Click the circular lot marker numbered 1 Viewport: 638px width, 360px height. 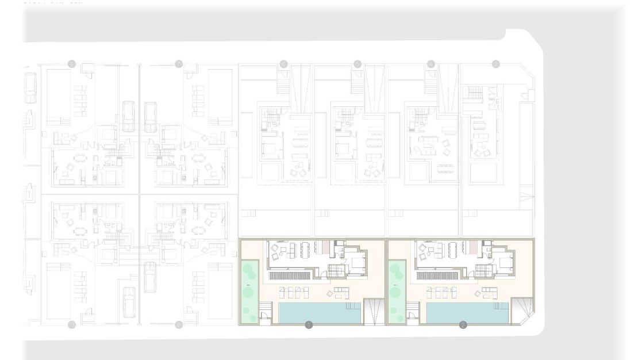point(309,325)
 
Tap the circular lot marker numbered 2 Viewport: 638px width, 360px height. point(463,325)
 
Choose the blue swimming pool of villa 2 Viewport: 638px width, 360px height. point(467,313)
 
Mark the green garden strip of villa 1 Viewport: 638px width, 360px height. point(249,291)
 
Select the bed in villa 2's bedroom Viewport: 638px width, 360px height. point(506,263)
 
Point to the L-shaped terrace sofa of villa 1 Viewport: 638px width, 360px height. point(340,293)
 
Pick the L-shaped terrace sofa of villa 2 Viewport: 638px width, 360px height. point(488,293)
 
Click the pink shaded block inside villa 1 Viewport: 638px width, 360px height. point(325,248)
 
